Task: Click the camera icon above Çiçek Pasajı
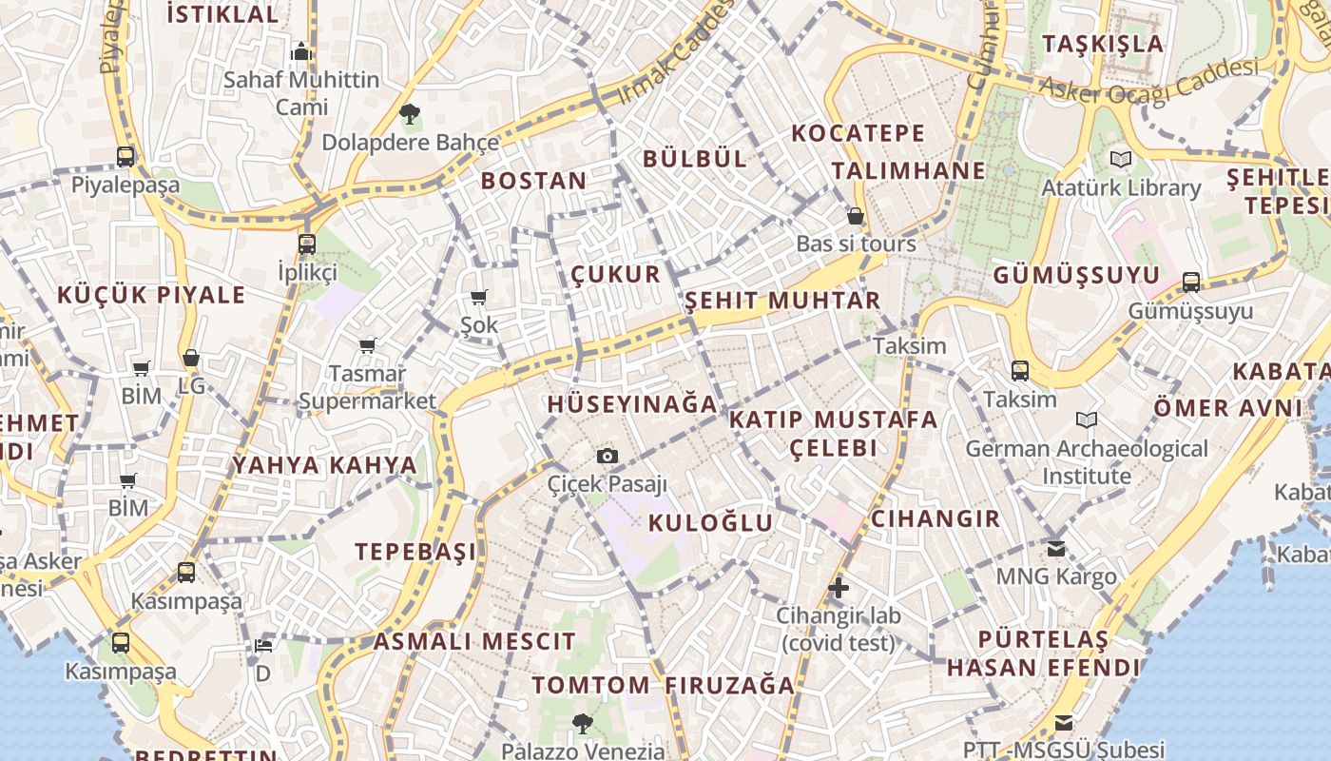tap(608, 457)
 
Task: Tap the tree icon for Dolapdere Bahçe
tap(410, 115)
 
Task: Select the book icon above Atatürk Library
tap(1121, 160)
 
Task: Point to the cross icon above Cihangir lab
tap(838, 588)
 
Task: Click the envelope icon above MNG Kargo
tap(1056, 549)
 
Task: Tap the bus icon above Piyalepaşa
tap(125, 157)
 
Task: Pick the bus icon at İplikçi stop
tap(307, 244)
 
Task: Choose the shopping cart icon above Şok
tap(479, 298)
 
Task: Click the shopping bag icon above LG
tap(191, 359)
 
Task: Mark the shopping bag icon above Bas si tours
tap(855, 216)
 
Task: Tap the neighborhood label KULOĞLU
tap(710, 523)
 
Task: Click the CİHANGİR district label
tap(936, 518)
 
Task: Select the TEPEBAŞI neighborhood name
tap(415, 552)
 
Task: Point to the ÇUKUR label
tap(615, 275)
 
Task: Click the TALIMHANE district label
tap(909, 171)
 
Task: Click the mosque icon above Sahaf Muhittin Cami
tap(301, 51)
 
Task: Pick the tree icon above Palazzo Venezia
tap(582, 724)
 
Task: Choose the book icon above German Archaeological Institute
tap(1087, 420)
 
